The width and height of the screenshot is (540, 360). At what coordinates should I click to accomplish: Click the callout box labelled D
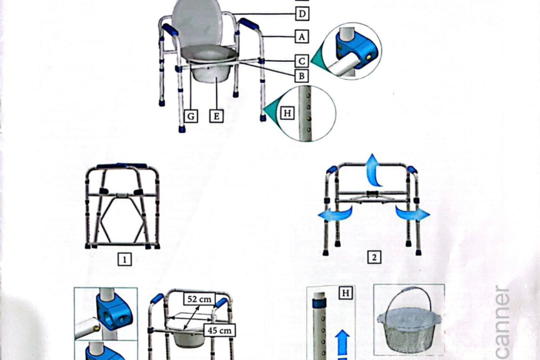[302, 14]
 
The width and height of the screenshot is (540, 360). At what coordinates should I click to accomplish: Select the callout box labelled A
[302, 36]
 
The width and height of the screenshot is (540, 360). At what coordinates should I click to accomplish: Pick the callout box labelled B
[302, 76]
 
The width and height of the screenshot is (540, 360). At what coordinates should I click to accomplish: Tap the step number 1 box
[125, 259]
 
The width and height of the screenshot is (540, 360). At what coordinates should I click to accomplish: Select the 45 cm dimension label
[220, 330]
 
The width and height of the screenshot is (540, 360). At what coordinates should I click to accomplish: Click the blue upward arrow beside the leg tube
[343, 342]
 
